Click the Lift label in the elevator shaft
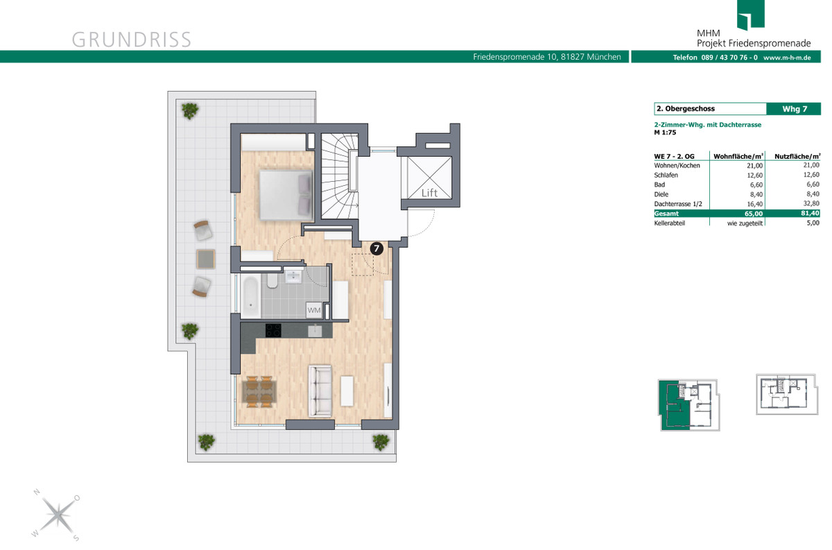point(429,193)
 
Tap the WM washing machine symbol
point(314,310)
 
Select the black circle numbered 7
point(376,248)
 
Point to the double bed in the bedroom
point(286,195)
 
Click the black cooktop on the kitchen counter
point(273,330)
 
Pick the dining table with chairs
point(259,392)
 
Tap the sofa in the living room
point(320,390)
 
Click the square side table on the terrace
point(206,259)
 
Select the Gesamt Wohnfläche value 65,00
point(754,214)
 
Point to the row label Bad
point(659,184)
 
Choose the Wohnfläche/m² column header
point(738,157)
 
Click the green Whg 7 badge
point(794,109)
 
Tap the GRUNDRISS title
point(132,40)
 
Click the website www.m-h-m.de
point(787,58)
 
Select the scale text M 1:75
point(665,132)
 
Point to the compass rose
point(57,515)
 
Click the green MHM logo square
point(751,15)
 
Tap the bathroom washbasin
point(294,276)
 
